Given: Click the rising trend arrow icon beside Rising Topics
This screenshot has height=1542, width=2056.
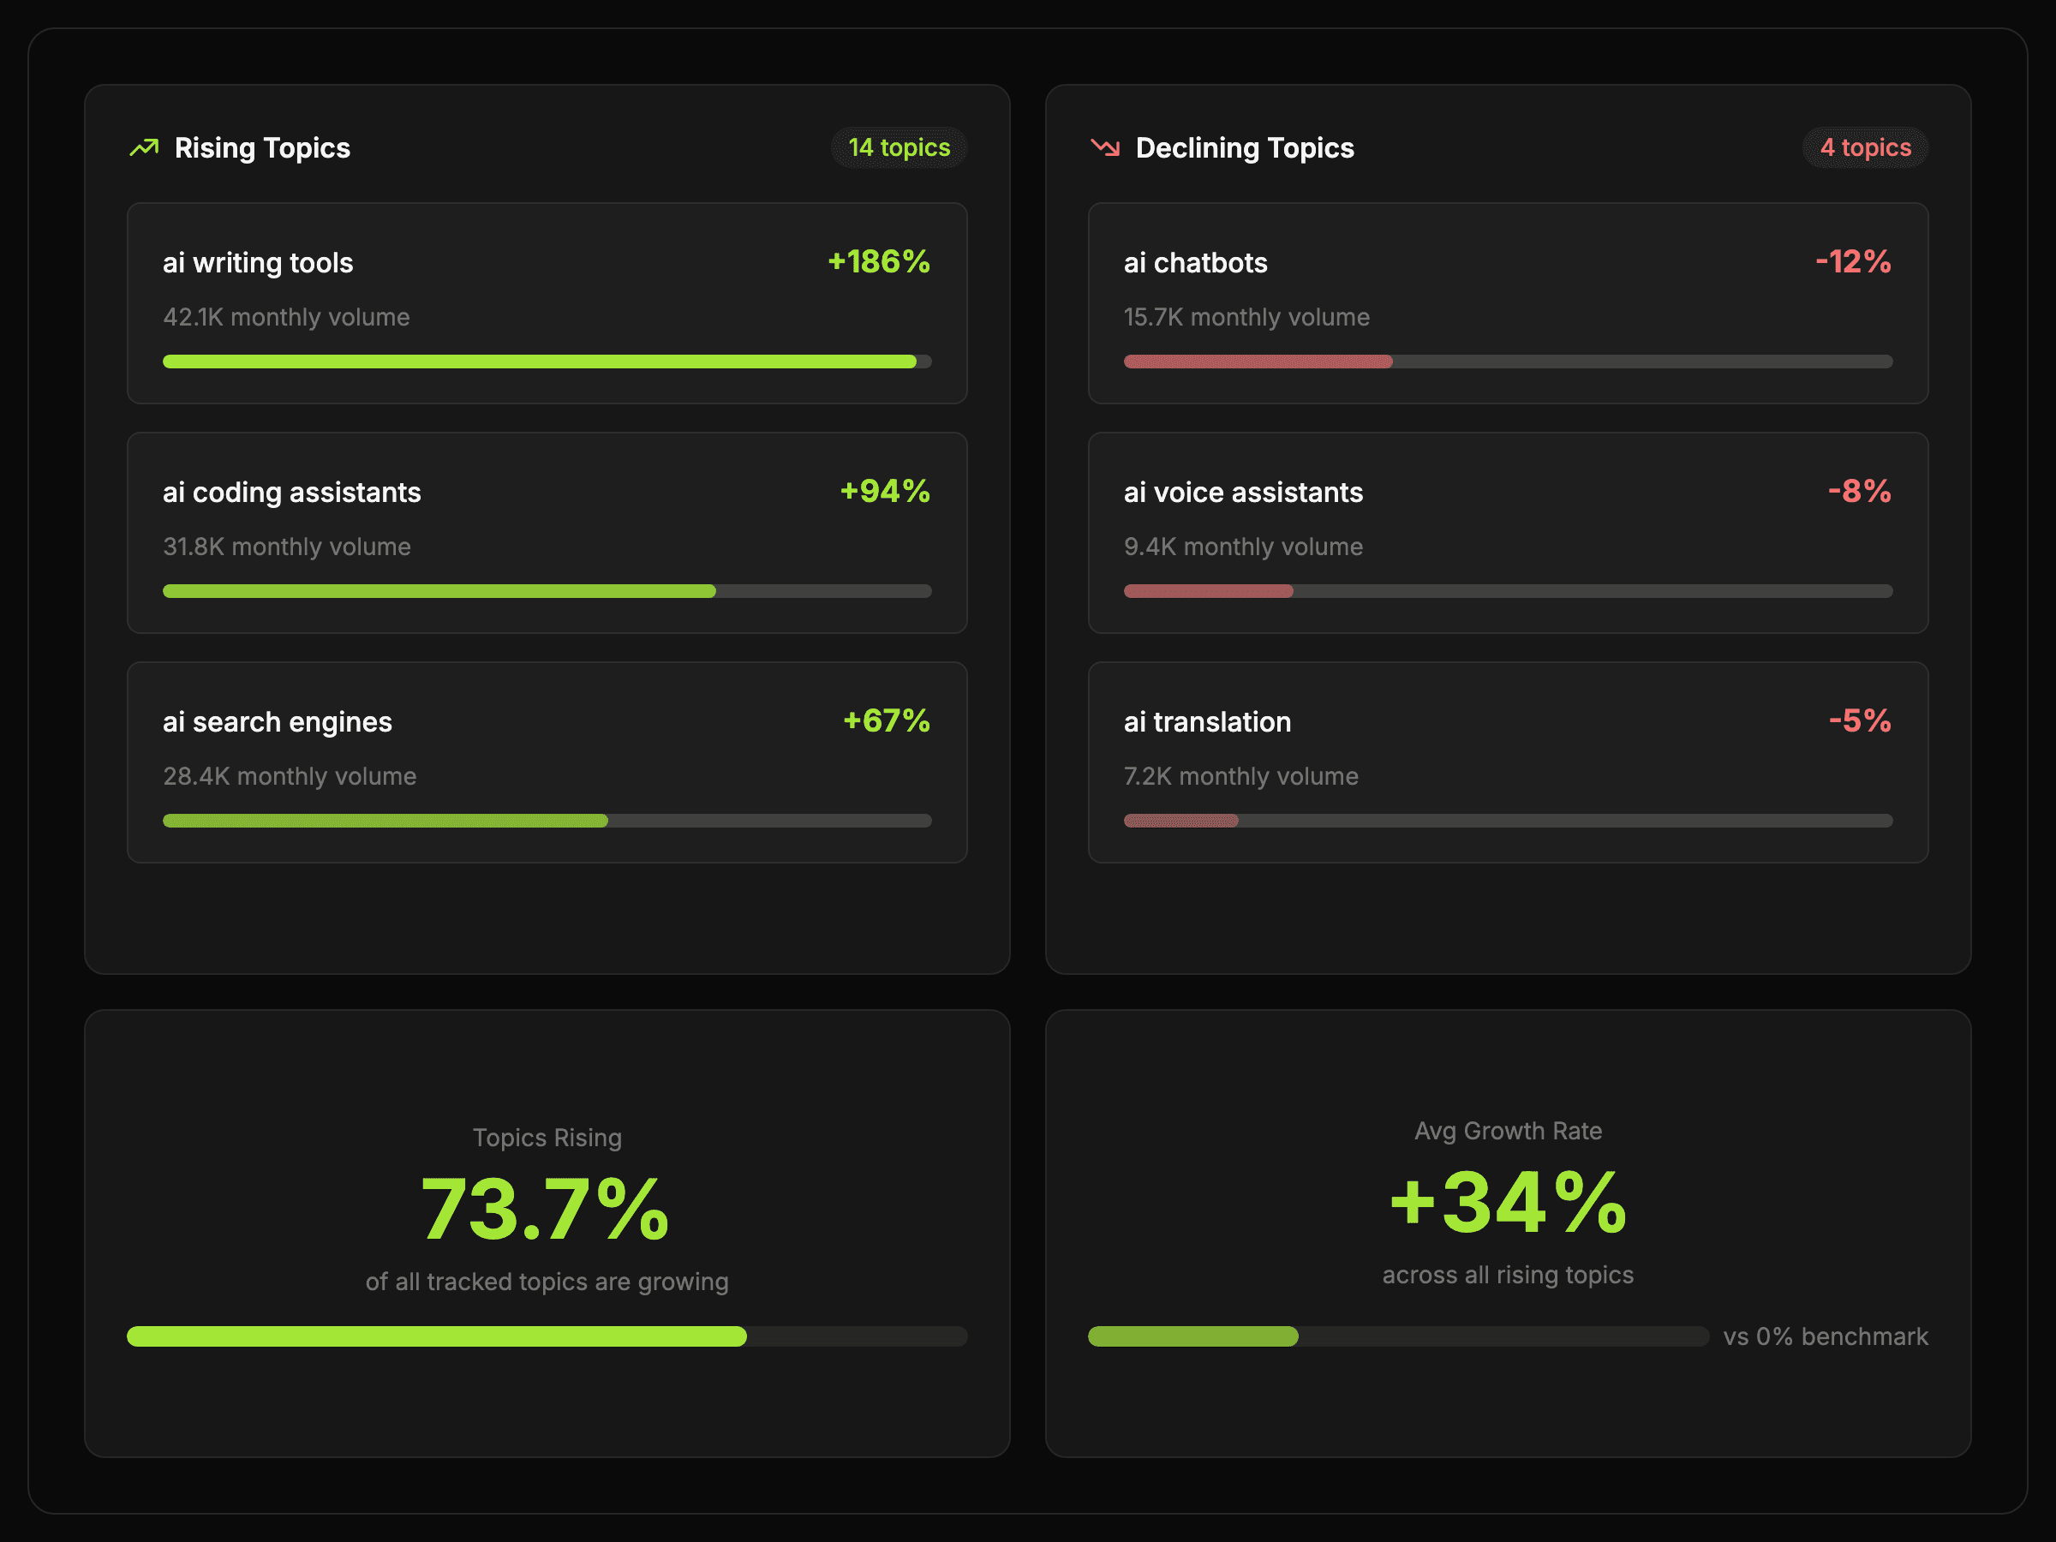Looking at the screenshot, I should coord(144,148).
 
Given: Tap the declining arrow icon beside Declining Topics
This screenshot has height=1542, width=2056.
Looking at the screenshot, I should coord(1105,148).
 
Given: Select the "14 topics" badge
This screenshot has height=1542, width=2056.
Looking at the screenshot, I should coord(899,148).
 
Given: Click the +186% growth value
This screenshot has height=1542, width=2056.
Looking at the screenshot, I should coord(878,262).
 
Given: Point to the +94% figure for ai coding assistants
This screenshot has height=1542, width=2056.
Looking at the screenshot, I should coord(884,491).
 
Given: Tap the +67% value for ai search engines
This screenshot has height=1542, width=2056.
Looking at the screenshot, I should coord(886,720).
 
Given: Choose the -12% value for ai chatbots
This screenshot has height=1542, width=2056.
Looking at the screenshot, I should coord(1852,262).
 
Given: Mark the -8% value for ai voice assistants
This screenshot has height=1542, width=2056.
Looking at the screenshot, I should coord(1859,491).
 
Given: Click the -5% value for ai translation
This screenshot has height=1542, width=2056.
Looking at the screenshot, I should coord(1859,720).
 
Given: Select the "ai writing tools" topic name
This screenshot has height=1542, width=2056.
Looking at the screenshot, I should coord(258,263).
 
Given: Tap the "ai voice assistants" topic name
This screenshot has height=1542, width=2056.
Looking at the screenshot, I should coord(1243,493).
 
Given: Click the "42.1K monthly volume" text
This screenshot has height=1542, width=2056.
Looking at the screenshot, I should coord(286,317).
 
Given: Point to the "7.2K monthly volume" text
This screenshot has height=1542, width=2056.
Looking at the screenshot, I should coord(1240,776).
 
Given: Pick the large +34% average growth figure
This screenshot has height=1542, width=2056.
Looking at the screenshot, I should coord(1508,1203).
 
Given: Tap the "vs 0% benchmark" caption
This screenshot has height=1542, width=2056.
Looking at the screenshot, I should coord(1826,1336).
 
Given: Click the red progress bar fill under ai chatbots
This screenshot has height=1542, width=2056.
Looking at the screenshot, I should coord(1258,362).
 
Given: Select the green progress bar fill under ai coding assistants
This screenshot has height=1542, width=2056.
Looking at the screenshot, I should coord(439,591).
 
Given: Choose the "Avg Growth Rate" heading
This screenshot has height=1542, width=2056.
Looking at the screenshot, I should coord(1508,1131).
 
